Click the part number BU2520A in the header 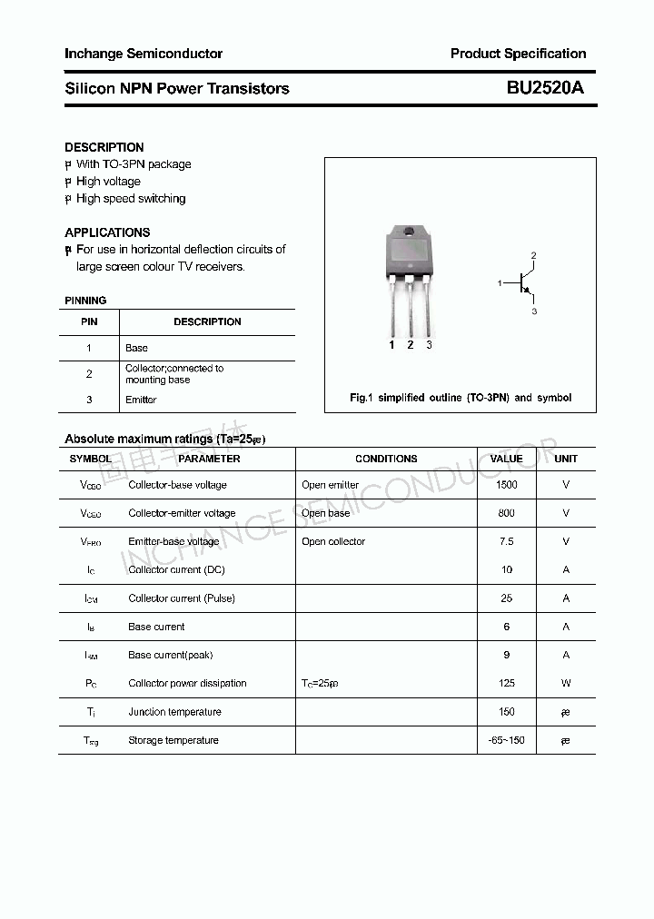pos(545,88)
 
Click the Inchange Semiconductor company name pos(144,54)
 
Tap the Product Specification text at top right pos(518,54)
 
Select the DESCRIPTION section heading pos(104,147)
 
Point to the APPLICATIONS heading pos(107,232)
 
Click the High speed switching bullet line pos(130,199)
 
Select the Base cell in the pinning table pos(136,348)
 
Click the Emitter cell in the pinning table pos(141,400)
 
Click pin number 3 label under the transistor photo pos(429,345)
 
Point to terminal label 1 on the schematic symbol pos(500,284)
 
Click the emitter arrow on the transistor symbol pos(526,292)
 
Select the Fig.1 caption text pos(461,398)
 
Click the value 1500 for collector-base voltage pos(506,485)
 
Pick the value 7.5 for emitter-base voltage pos(506,541)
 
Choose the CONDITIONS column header pos(386,459)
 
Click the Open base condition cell pos(325,513)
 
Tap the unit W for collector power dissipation pos(566,683)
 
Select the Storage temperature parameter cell pos(173,740)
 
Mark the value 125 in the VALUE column pos(506,683)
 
